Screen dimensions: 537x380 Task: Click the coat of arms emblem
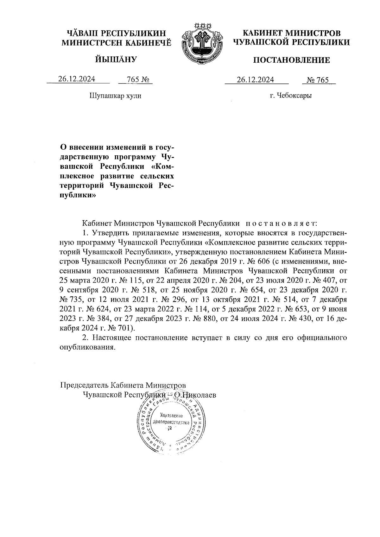[201, 44]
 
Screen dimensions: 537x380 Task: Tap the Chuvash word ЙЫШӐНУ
[116, 59]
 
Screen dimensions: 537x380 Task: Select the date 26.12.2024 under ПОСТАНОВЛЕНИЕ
[256, 80]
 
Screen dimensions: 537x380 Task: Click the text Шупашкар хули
[116, 96]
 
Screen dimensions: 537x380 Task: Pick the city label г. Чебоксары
[291, 96]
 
